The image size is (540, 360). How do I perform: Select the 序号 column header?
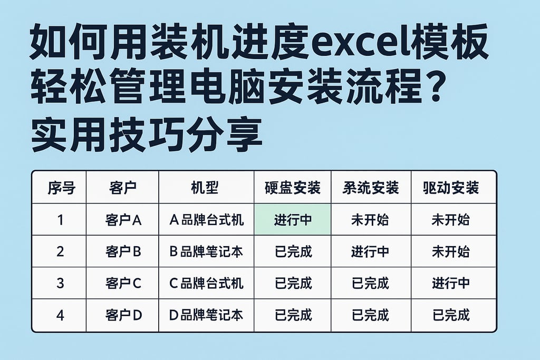[x=60, y=188]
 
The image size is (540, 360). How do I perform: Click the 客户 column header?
[x=123, y=188]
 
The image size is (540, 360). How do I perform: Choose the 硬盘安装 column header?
[x=293, y=188]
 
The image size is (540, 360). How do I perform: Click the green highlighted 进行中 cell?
[x=293, y=220]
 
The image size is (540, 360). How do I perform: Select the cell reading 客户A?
[x=123, y=220]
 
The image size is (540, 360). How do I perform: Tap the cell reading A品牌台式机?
[x=206, y=220]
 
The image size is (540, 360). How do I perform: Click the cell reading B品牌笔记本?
[x=206, y=251]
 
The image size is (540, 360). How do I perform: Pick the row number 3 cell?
[x=60, y=283]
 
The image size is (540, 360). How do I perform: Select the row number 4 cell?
[x=60, y=315]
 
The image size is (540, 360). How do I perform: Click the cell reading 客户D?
[x=123, y=315]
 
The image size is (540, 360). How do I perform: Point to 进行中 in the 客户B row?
[x=370, y=251]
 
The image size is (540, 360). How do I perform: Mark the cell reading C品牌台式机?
[x=206, y=283]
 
